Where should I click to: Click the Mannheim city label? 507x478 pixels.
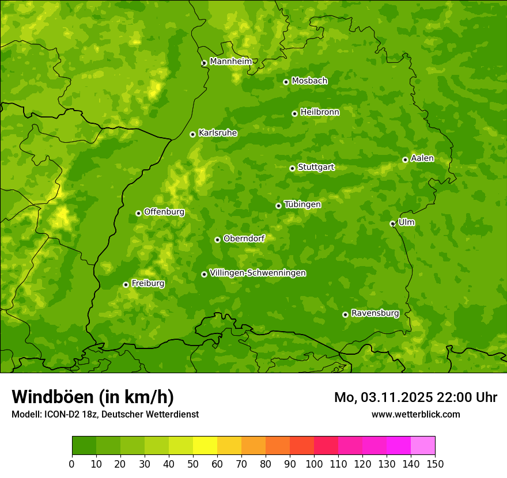click(x=230, y=62)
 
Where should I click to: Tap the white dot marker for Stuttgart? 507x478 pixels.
click(x=292, y=168)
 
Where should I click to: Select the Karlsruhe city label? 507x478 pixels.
click(x=218, y=133)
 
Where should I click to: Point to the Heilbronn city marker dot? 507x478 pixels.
click(x=294, y=113)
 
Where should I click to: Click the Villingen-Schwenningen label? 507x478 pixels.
click(x=258, y=273)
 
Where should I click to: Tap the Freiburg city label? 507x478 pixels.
click(x=147, y=283)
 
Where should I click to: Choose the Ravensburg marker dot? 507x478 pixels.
click(x=345, y=314)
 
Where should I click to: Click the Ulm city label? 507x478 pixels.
click(x=406, y=222)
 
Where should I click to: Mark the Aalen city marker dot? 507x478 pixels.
click(x=405, y=160)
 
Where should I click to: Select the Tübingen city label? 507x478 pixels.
click(x=302, y=204)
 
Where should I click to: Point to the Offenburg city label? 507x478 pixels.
click(x=164, y=212)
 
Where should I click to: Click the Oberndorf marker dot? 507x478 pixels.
click(x=217, y=240)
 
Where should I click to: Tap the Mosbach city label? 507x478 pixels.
click(x=309, y=81)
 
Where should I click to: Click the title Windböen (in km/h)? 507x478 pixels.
click(x=93, y=397)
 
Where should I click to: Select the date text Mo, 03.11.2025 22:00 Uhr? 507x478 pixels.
click(x=415, y=397)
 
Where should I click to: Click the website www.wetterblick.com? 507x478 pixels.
click(x=415, y=414)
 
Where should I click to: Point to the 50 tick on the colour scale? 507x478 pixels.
click(x=193, y=464)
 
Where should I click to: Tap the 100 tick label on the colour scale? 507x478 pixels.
click(x=314, y=464)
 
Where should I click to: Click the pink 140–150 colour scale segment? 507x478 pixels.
click(x=423, y=446)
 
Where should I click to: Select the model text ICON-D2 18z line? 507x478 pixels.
click(x=105, y=414)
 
